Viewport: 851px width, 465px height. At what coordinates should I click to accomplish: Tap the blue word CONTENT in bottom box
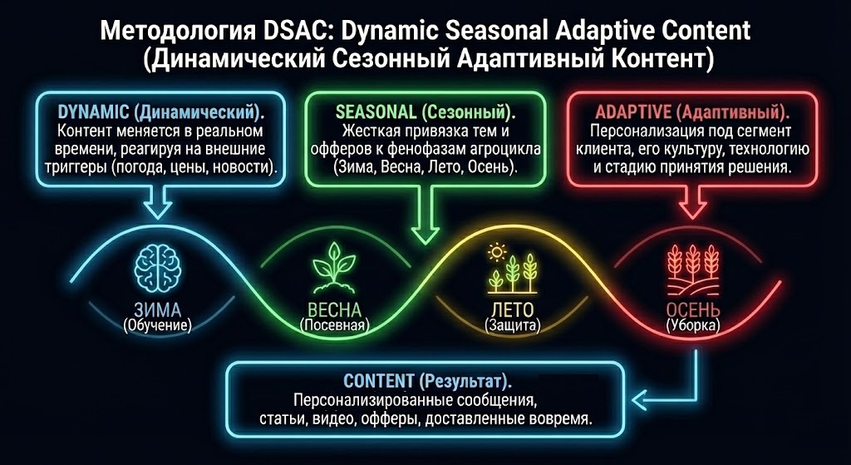pyautogui.click(x=379, y=382)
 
